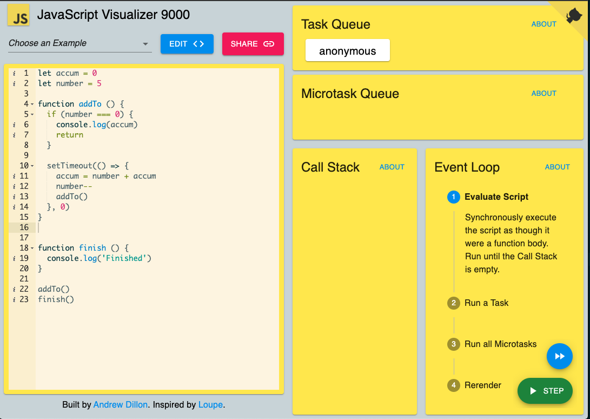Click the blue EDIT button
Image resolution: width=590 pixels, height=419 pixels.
click(x=187, y=44)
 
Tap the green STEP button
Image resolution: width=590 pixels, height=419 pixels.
click(x=545, y=391)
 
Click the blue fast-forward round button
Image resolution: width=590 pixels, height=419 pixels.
click(x=560, y=356)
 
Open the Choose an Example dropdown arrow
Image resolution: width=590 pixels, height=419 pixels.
click(x=145, y=44)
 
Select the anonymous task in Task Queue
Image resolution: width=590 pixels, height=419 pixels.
click(x=348, y=50)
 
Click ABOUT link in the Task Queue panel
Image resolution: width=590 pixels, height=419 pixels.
click(x=543, y=24)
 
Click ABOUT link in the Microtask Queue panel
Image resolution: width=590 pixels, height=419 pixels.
click(x=543, y=94)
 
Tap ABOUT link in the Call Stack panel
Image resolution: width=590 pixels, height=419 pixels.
click(x=392, y=167)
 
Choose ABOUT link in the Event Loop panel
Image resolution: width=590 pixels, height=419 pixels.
click(x=557, y=167)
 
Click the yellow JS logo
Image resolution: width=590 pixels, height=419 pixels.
click(x=18, y=15)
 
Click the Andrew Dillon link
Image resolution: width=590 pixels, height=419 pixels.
click(x=121, y=405)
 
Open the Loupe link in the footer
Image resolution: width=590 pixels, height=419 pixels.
click(x=211, y=405)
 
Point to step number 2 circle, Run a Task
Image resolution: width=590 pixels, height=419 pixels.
click(x=453, y=303)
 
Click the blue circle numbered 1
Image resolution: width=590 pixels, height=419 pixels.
click(x=453, y=197)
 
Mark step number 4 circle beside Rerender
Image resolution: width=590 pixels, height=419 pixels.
click(x=453, y=385)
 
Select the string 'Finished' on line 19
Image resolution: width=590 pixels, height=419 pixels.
click(x=124, y=258)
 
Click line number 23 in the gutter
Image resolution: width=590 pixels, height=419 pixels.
click(x=24, y=299)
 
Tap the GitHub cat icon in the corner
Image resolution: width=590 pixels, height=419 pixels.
click(x=574, y=16)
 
